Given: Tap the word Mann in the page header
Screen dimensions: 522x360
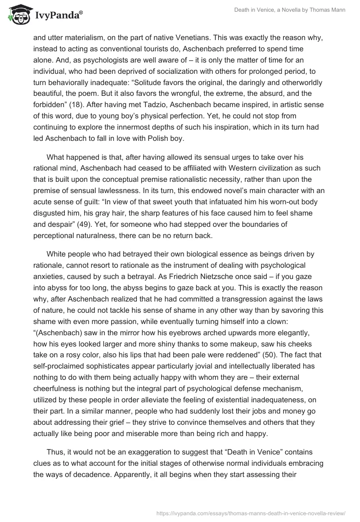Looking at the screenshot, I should coord(337,9).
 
